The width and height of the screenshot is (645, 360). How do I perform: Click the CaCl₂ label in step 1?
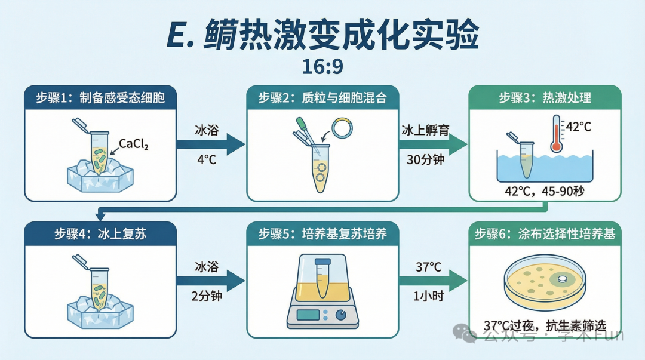tap(133, 144)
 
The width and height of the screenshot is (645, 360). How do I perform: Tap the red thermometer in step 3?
tap(556, 134)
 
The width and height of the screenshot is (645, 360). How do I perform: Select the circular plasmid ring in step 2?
tap(342, 128)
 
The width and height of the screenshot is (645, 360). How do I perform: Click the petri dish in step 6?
tap(545, 284)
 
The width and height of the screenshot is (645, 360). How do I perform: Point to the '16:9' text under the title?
tap(322, 67)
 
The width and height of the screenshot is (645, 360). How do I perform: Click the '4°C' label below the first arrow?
tap(207, 159)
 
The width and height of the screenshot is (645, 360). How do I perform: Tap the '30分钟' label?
tap(426, 159)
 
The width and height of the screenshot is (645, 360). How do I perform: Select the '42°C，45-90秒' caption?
tap(545, 191)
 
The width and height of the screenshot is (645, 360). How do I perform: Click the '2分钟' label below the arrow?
tap(207, 296)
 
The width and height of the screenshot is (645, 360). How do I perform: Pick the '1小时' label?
tap(428, 296)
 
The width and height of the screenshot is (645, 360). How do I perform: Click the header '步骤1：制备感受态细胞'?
tap(100, 98)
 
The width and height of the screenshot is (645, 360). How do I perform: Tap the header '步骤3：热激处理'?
tap(545, 98)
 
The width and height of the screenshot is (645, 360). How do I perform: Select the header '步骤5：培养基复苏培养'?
tap(322, 234)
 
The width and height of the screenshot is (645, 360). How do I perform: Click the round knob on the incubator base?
tap(341, 315)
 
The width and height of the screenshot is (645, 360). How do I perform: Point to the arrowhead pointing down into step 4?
tap(100, 216)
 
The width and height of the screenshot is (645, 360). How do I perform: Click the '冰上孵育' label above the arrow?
tap(425, 130)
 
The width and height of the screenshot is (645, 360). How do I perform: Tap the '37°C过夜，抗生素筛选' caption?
tap(545, 326)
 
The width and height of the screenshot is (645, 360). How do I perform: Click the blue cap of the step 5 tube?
tap(322, 261)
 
